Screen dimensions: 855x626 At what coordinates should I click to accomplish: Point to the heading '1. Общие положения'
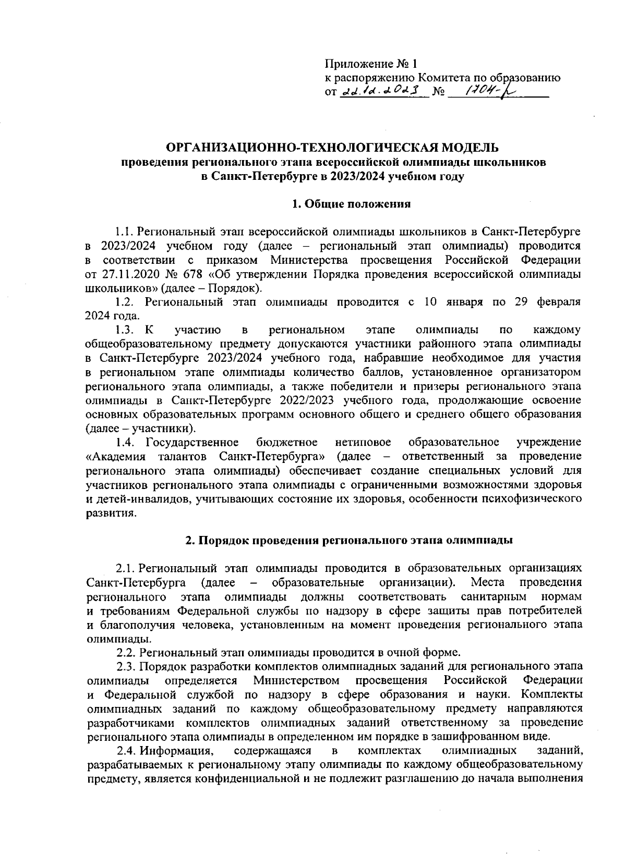[x=351, y=204]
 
